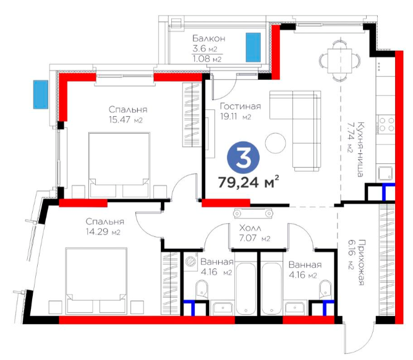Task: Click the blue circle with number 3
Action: coord(243,158)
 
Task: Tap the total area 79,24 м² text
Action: coord(249,182)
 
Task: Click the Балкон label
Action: coord(209,38)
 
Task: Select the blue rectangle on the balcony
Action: coord(253,48)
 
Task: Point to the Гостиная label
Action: coord(241,106)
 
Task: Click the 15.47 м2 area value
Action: coord(126,119)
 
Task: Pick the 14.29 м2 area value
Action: coord(103,232)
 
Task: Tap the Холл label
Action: coord(250,228)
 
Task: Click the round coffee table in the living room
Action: coord(275,143)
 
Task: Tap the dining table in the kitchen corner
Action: coord(340,61)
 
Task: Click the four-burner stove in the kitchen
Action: coord(386,124)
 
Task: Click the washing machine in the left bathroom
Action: coord(190,262)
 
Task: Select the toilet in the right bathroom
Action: coord(325,289)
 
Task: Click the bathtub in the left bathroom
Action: coord(245,288)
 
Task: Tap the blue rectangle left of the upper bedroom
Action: coord(41,95)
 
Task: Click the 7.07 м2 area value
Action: coord(255,238)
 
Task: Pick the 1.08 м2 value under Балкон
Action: coord(207,59)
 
